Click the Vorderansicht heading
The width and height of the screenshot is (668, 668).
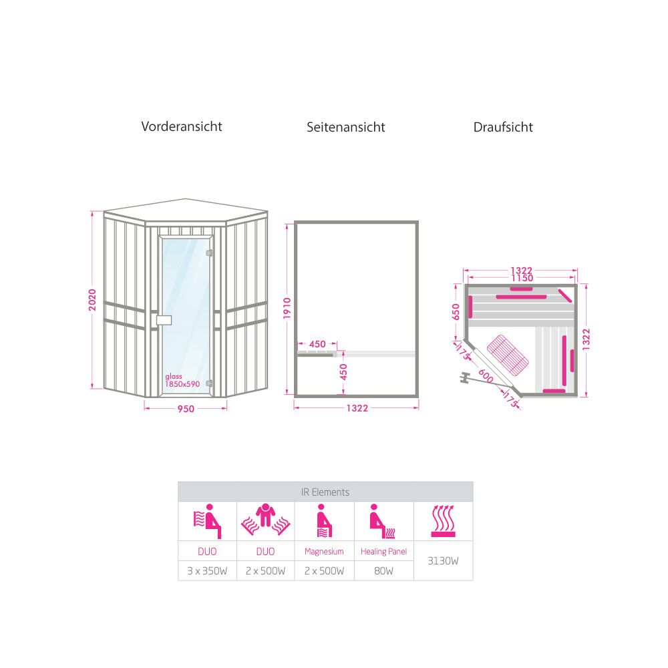pyautogui.click(x=182, y=126)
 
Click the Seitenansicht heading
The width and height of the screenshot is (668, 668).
pyautogui.click(x=345, y=127)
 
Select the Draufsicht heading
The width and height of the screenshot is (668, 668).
pyautogui.click(x=503, y=127)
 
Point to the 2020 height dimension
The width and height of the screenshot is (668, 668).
pyautogui.click(x=92, y=300)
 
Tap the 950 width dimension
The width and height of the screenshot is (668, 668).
pyautogui.click(x=186, y=409)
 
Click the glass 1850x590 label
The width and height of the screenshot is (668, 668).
pyautogui.click(x=182, y=381)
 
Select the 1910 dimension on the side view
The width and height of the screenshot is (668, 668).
pyautogui.click(x=287, y=308)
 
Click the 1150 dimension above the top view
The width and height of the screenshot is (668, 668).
pyautogui.click(x=522, y=279)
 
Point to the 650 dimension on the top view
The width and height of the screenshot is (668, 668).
pyautogui.click(x=456, y=311)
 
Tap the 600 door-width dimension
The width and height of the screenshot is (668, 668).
pyautogui.click(x=486, y=376)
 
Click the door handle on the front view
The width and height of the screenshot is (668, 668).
pyautogui.click(x=164, y=320)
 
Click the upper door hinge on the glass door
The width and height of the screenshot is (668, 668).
pyautogui.click(x=209, y=253)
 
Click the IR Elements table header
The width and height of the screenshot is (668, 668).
pyautogui.click(x=325, y=492)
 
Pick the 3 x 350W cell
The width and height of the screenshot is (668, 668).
pyautogui.click(x=207, y=571)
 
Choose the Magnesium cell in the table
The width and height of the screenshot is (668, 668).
pyautogui.click(x=324, y=551)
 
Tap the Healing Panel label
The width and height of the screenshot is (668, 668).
pyautogui.click(x=383, y=551)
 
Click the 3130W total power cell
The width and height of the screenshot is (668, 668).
pyautogui.click(x=443, y=560)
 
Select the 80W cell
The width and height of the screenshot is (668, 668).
pyautogui.click(x=383, y=571)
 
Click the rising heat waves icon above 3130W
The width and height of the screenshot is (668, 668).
pyautogui.click(x=443, y=521)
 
